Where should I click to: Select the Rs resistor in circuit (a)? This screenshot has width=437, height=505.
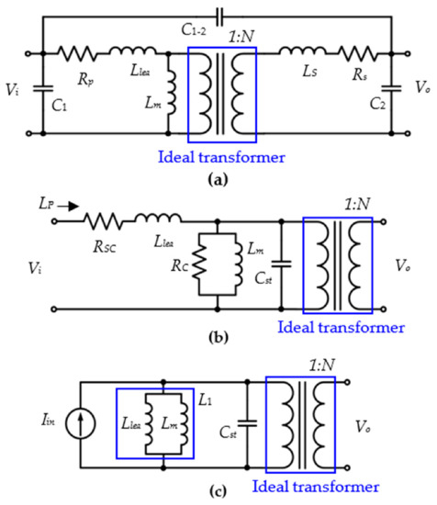click(x=353, y=53)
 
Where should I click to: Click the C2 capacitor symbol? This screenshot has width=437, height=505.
click(x=392, y=91)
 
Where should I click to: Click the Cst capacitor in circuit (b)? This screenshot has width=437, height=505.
click(x=280, y=266)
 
